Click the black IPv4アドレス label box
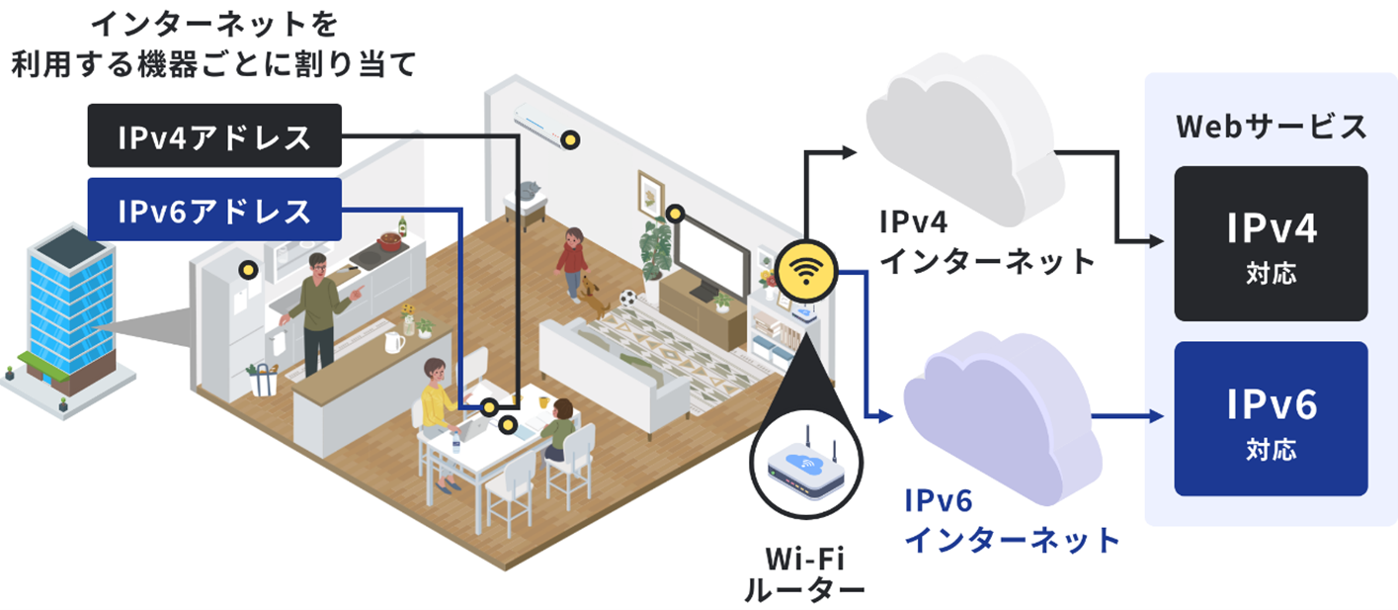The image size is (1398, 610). [x=214, y=135]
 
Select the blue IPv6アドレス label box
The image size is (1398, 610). [x=214, y=210]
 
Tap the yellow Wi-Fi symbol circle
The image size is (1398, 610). [x=806, y=271]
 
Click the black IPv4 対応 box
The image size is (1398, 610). [x=1271, y=243]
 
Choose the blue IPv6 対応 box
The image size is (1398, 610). [x=1271, y=418]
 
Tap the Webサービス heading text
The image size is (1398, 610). [x=1272, y=127]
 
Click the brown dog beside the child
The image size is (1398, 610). [x=594, y=296]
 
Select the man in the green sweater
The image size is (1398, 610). [x=318, y=307]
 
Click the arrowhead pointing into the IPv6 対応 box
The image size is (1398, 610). [x=1159, y=416]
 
